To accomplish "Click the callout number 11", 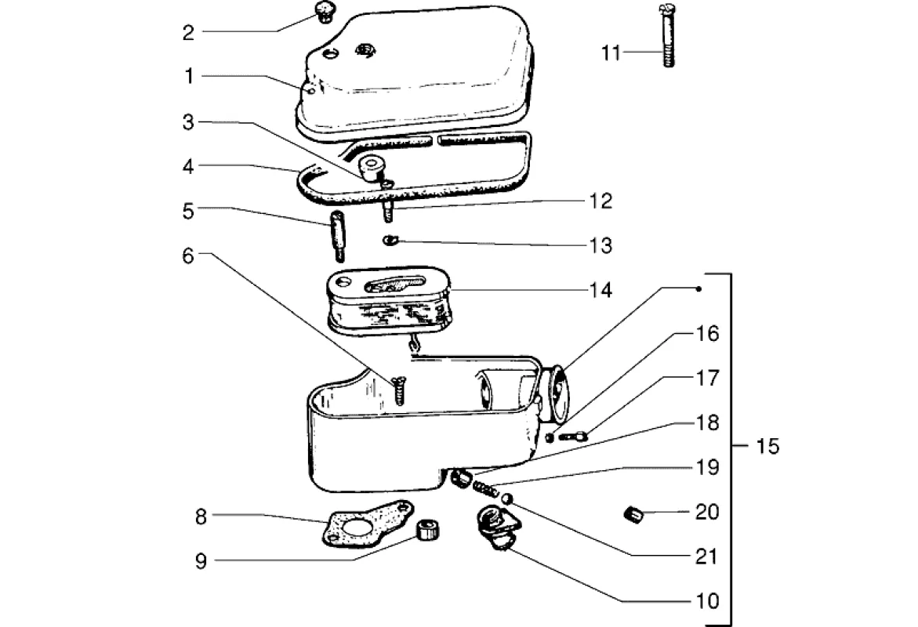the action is pyautogui.click(x=611, y=53).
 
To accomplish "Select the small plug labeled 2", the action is pyautogui.click(x=324, y=12).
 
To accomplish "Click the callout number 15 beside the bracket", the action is pyautogui.click(x=767, y=446).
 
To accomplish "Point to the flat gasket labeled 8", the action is pyautogui.click(x=368, y=524).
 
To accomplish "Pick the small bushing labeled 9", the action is pyautogui.click(x=427, y=530).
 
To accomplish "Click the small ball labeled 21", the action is pyautogui.click(x=507, y=498).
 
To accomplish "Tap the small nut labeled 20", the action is pyautogui.click(x=633, y=515).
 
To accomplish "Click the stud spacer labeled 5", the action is pyautogui.click(x=337, y=237).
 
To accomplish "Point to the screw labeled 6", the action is pyautogui.click(x=399, y=390).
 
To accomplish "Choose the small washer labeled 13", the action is pyautogui.click(x=390, y=240).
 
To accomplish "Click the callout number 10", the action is pyautogui.click(x=706, y=600).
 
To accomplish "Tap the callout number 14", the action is pyautogui.click(x=601, y=290).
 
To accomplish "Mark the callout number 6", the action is pyautogui.click(x=188, y=256).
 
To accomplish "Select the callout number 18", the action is pyautogui.click(x=706, y=422).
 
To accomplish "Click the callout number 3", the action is pyautogui.click(x=188, y=122).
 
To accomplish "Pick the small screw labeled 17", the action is pyautogui.click(x=573, y=436).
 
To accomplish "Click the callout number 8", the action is pyautogui.click(x=201, y=517).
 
